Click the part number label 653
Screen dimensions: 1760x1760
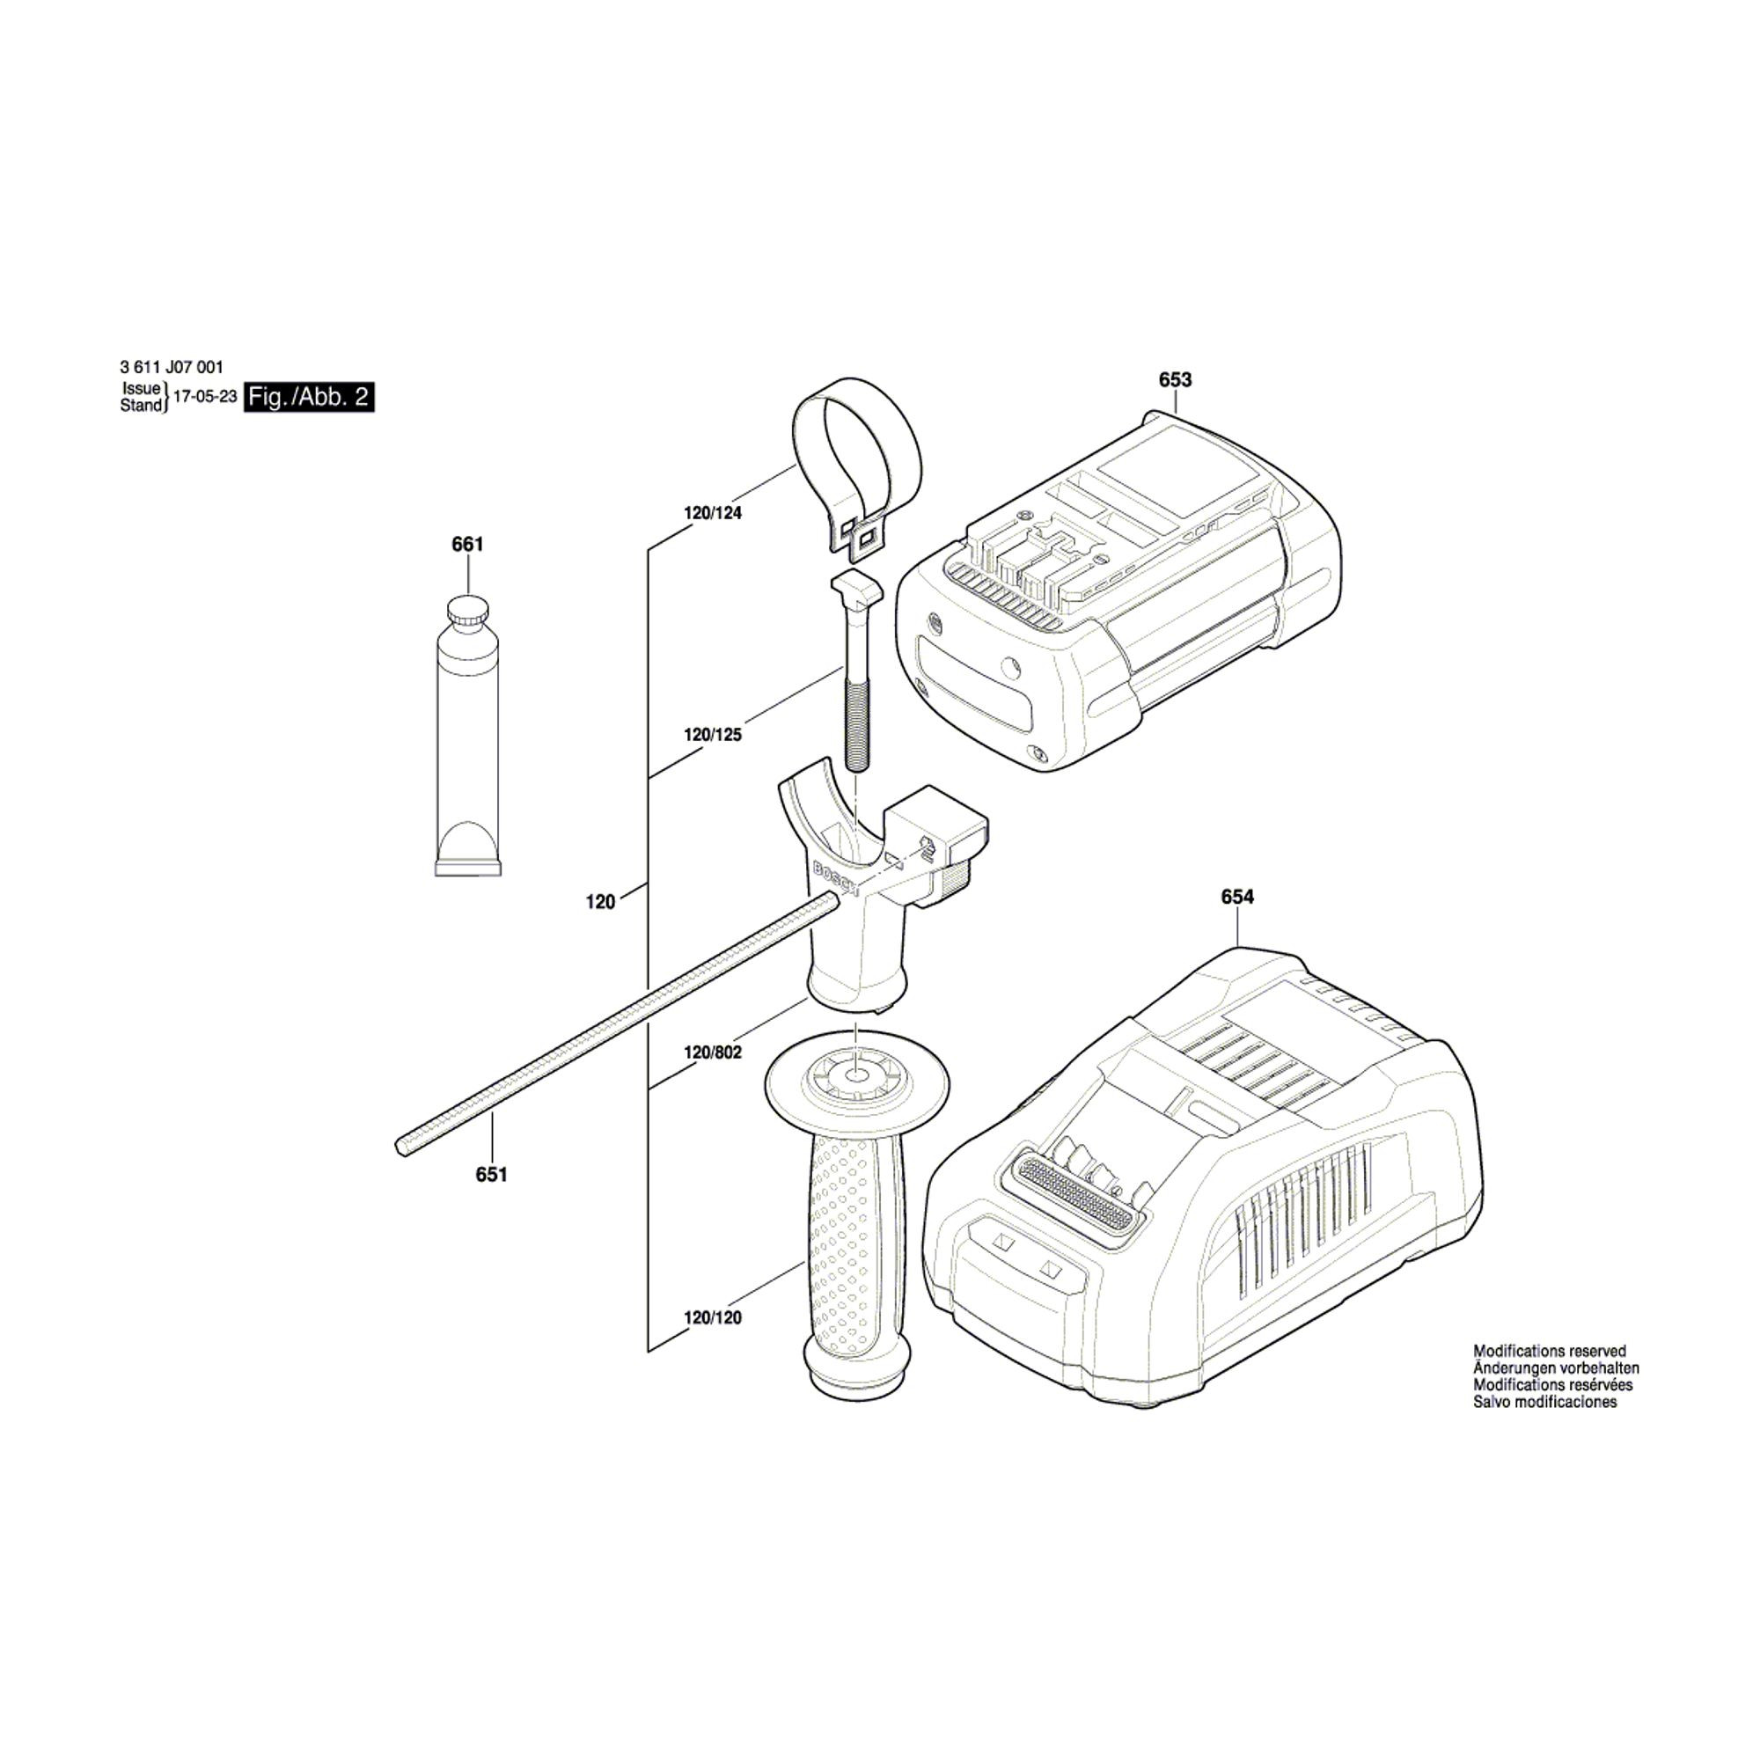click(1175, 380)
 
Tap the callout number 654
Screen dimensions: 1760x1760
click(1237, 898)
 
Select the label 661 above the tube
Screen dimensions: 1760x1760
click(467, 545)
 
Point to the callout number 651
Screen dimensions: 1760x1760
click(491, 1175)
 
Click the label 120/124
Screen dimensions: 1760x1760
click(714, 514)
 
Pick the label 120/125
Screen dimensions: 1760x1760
click(714, 735)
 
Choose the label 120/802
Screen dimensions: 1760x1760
click(714, 1053)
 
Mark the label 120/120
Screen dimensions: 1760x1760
click(714, 1318)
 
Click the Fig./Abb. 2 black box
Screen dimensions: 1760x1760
click(310, 397)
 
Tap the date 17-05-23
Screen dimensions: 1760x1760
click(205, 397)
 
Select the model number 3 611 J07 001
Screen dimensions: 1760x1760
click(172, 368)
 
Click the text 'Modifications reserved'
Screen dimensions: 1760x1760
click(1550, 1352)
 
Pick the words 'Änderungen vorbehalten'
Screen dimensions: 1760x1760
click(1556, 1368)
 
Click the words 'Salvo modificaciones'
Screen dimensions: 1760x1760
click(1545, 1402)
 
